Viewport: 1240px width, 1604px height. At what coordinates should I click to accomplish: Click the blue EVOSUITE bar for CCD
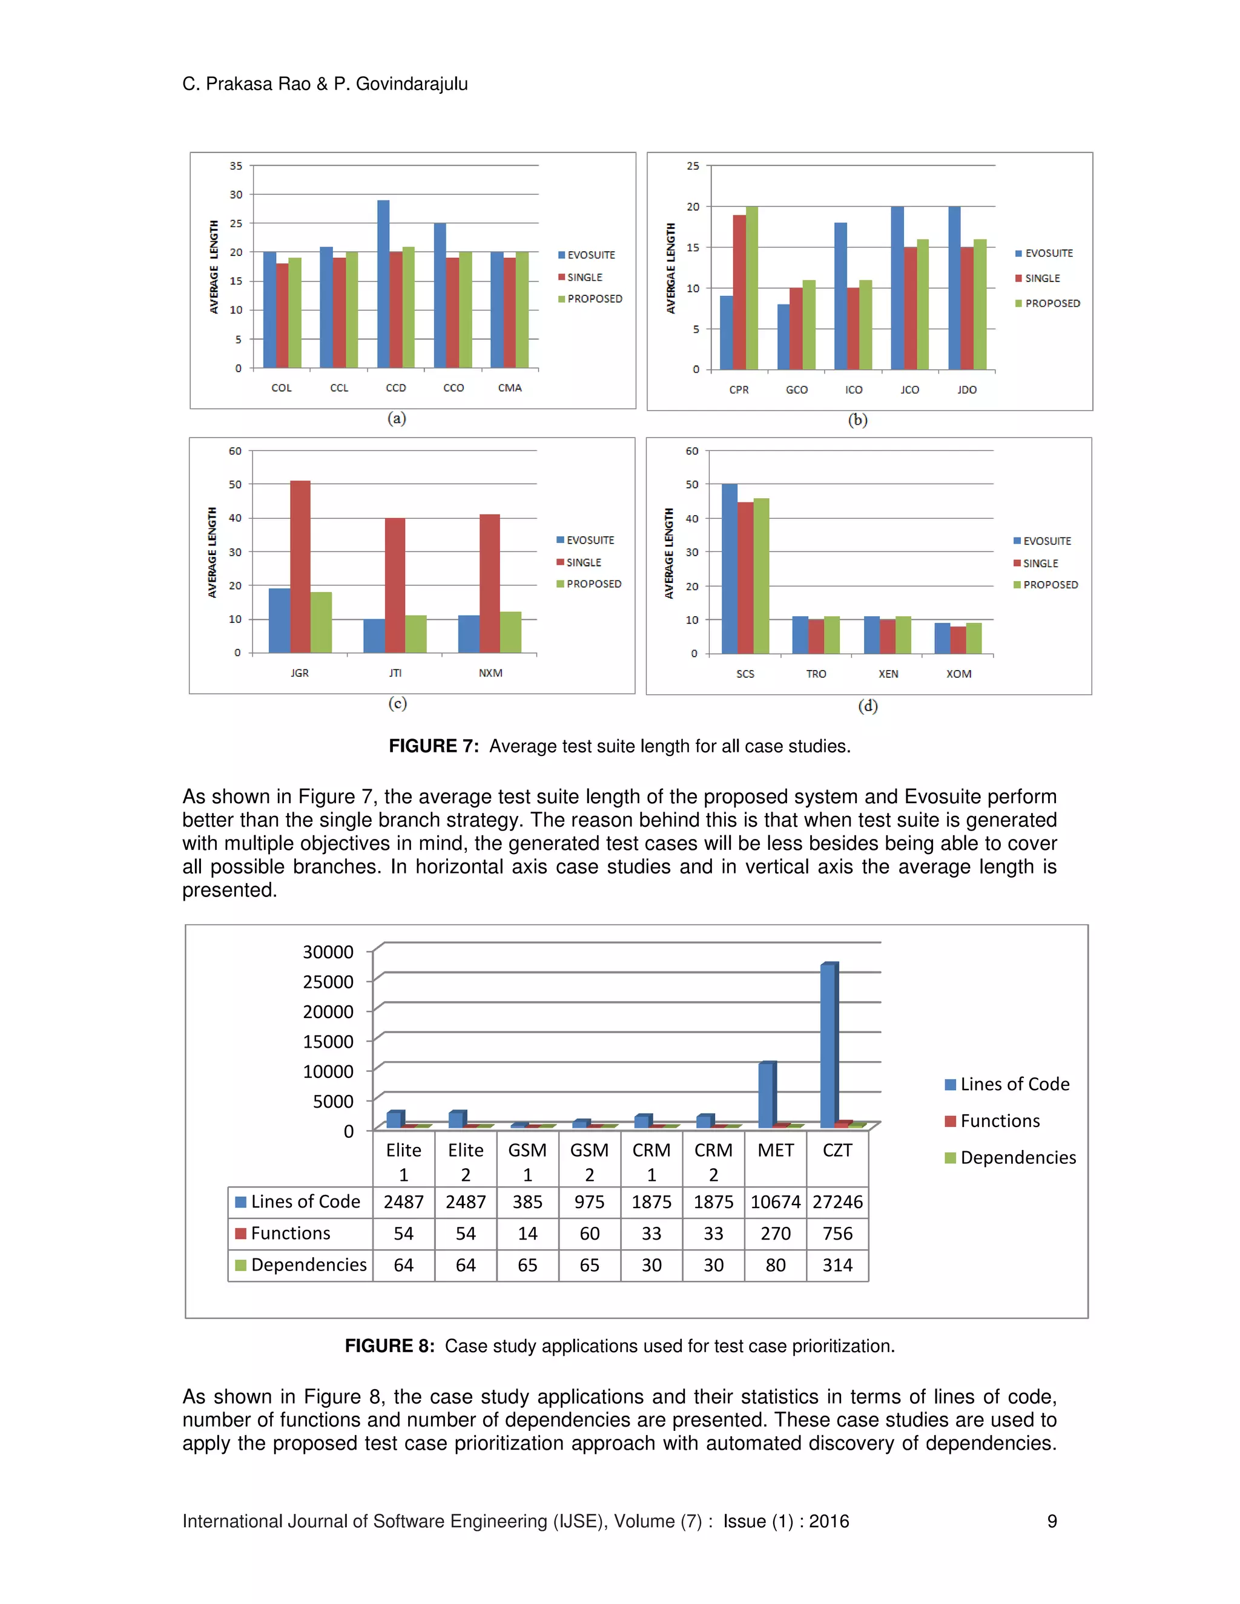(x=383, y=284)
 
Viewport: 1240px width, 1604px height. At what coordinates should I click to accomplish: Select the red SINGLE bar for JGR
(x=300, y=567)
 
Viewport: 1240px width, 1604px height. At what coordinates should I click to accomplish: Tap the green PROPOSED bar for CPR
(x=751, y=288)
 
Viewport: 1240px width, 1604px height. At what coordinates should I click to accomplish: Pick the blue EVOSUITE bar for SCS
(x=729, y=568)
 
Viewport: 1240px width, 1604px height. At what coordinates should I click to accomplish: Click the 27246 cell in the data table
(x=837, y=1202)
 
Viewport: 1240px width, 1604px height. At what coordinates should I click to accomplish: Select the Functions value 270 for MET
(x=775, y=1234)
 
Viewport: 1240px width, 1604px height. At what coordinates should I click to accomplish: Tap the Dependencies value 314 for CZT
(x=837, y=1266)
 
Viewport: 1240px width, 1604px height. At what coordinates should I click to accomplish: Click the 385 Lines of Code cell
(x=527, y=1202)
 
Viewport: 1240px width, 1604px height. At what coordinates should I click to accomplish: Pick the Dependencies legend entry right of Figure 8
(x=1017, y=1158)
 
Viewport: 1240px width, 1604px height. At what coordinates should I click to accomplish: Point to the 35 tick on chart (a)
(x=235, y=166)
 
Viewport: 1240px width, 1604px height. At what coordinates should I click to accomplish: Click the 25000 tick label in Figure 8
(x=328, y=982)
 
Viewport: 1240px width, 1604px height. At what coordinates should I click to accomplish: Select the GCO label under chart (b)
(x=796, y=390)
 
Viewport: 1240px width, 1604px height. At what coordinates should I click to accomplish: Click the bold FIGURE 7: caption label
(x=434, y=746)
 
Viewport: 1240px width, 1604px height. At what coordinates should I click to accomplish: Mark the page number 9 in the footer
(x=1051, y=1522)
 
